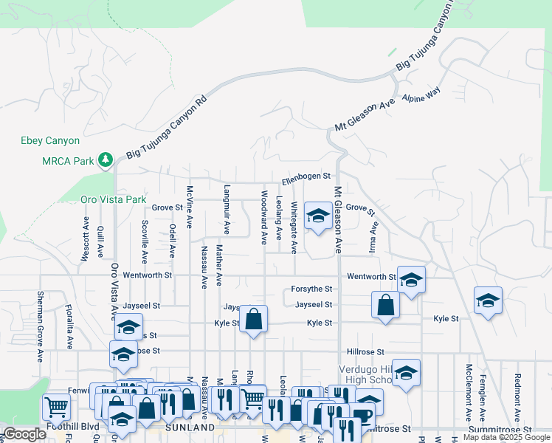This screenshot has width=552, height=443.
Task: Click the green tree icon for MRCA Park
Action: pyautogui.click(x=106, y=159)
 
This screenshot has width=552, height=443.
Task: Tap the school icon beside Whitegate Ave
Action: pyautogui.click(x=318, y=215)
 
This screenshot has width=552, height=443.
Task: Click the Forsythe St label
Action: pyautogui.click(x=312, y=289)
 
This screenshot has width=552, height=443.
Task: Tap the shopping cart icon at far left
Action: pyautogui.click(x=56, y=405)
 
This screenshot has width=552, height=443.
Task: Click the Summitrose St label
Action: pyautogui.click(x=500, y=428)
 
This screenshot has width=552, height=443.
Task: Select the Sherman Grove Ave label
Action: pyautogui.click(x=40, y=326)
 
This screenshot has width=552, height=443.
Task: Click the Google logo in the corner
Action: pyautogui.click(x=25, y=434)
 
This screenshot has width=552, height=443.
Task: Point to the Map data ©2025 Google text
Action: pyautogui.click(x=506, y=438)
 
